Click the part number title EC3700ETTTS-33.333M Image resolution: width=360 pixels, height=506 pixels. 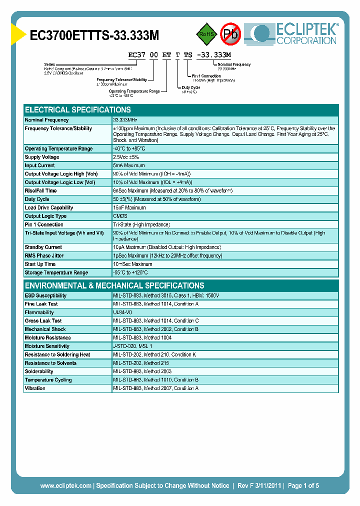tap(94, 35)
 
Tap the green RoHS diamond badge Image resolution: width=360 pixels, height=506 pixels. tap(205, 34)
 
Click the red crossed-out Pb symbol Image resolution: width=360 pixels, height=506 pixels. tap(231, 34)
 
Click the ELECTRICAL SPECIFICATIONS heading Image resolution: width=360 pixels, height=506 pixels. tap(78, 110)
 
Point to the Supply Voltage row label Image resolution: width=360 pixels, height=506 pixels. tap(42, 157)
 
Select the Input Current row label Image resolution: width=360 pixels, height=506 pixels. tap(40, 165)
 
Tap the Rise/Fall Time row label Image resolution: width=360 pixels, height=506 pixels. tap(40, 191)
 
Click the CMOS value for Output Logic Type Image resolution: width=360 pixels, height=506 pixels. tap(120, 216)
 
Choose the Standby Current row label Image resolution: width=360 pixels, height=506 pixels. tap(43, 247)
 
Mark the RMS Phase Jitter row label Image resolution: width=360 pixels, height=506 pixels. tap(44, 256)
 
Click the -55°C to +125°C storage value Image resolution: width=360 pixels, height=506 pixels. tap(130, 273)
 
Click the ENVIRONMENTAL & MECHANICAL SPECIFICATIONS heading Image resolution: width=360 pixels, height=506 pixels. tap(114, 286)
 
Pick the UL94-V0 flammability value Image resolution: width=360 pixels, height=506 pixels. tap(122, 312)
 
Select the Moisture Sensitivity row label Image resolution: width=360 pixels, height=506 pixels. tap(47, 346)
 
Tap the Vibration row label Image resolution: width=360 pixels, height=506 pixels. tap(35, 388)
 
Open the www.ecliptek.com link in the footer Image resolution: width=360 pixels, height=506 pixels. tap(65, 485)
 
